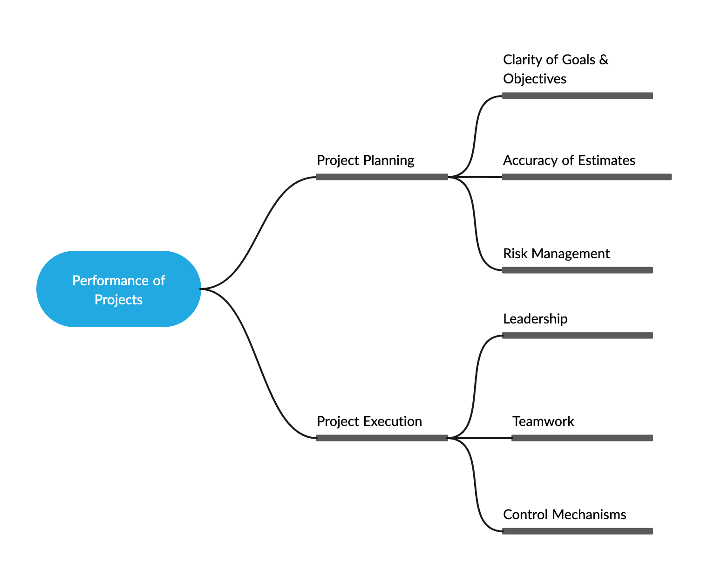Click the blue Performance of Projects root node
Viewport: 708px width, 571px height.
coord(119,289)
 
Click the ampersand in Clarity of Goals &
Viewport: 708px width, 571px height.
coord(604,60)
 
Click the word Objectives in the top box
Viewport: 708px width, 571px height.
coord(535,79)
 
